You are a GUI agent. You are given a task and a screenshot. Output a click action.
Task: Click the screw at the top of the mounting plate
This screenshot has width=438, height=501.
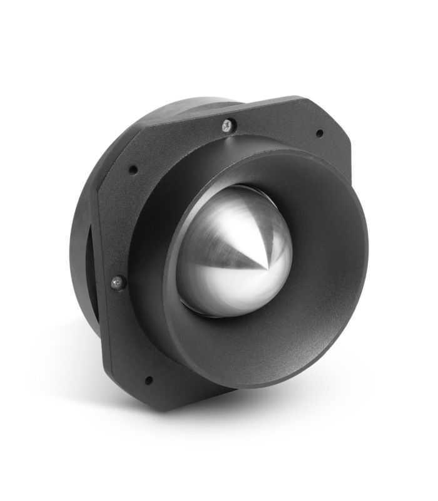(x=228, y=125)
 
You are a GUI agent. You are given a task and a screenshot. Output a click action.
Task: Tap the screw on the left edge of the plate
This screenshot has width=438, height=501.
(x=118, y=283)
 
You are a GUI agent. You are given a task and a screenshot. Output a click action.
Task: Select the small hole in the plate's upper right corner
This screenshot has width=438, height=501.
(x=320, y=133)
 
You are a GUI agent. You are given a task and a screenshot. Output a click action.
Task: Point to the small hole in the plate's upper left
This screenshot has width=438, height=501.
(x=133, y=170)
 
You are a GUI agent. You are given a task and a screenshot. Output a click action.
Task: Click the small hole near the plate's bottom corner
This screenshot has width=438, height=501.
(x=148, y=380)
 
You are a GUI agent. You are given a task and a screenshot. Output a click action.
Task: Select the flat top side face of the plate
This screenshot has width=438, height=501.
(x=263, y=103)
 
